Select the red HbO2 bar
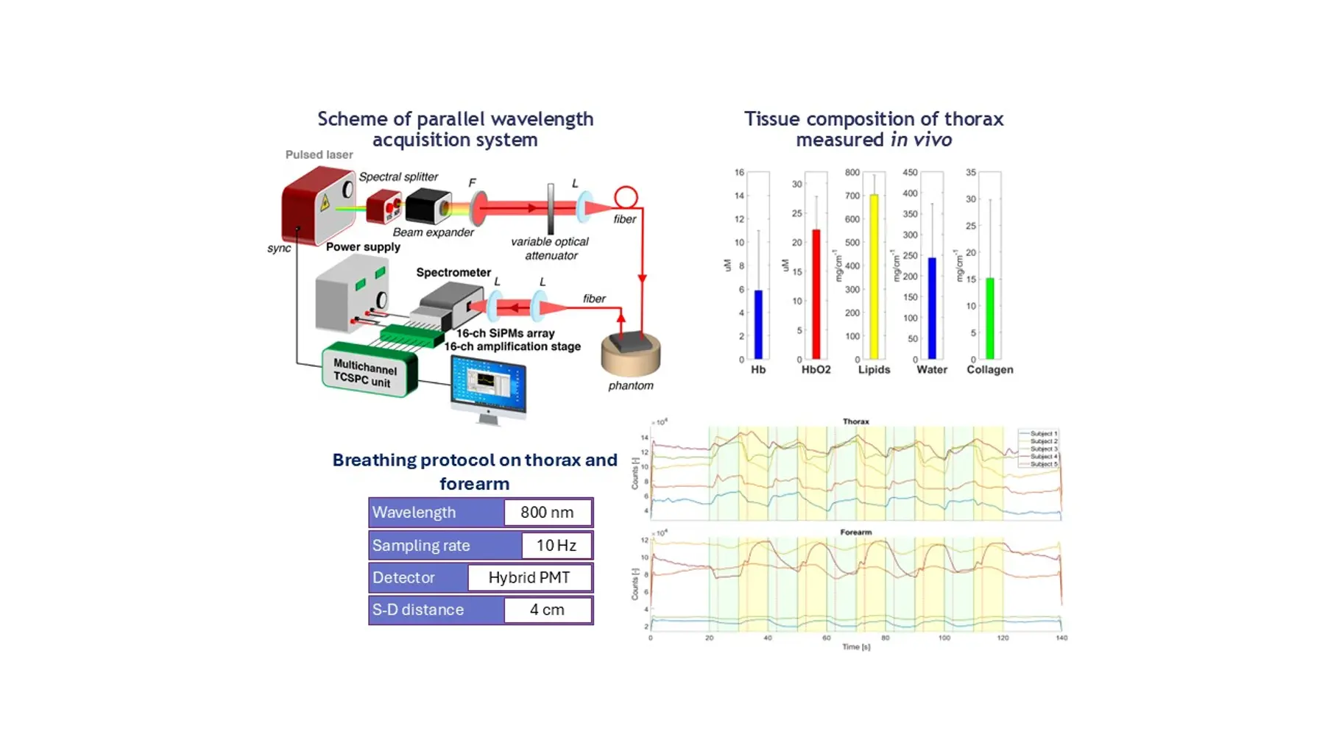point(816,294)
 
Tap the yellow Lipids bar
point(874,276)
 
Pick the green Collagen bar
point(990,318)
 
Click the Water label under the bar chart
point(931,370)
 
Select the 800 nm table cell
point(547,513)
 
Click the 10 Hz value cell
point(556,546)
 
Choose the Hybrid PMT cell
point(529,578)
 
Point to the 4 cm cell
point(547,610)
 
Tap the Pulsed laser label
point(319,155)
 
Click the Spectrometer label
point(453,273)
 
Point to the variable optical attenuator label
point(550,249)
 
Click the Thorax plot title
point(855,422)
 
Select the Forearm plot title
point(855,532)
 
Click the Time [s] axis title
point(855,647)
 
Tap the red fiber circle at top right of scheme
point(626,197)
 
